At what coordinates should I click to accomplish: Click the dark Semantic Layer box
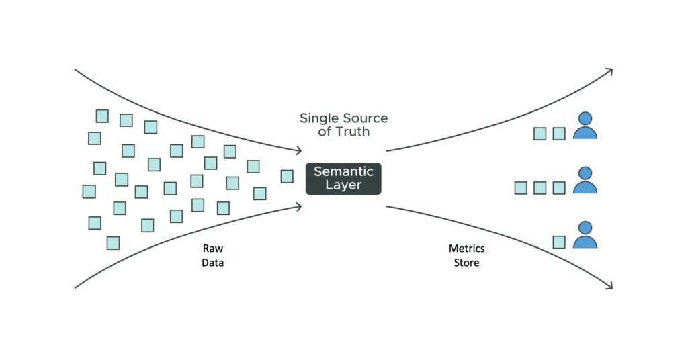coord(343,179)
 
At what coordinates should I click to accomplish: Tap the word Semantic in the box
coord(343,171)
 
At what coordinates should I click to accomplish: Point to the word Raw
coord(212,249)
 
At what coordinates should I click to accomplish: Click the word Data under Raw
coord(212,263)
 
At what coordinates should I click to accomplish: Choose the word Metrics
coord(466,249)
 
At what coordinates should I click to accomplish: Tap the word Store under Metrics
coord(466,263)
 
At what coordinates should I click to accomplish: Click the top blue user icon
coord(585,126)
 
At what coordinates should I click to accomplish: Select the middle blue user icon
coord(585,181)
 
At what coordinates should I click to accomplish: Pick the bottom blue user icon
coord(585,236)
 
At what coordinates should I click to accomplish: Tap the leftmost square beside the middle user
coord(521,188)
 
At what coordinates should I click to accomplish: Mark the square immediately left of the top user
coord(558,134)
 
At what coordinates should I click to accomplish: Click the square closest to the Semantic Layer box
coord(287,176)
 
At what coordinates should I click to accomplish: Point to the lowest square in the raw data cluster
coord(113,242)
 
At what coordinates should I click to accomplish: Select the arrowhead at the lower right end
coord(609,287)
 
